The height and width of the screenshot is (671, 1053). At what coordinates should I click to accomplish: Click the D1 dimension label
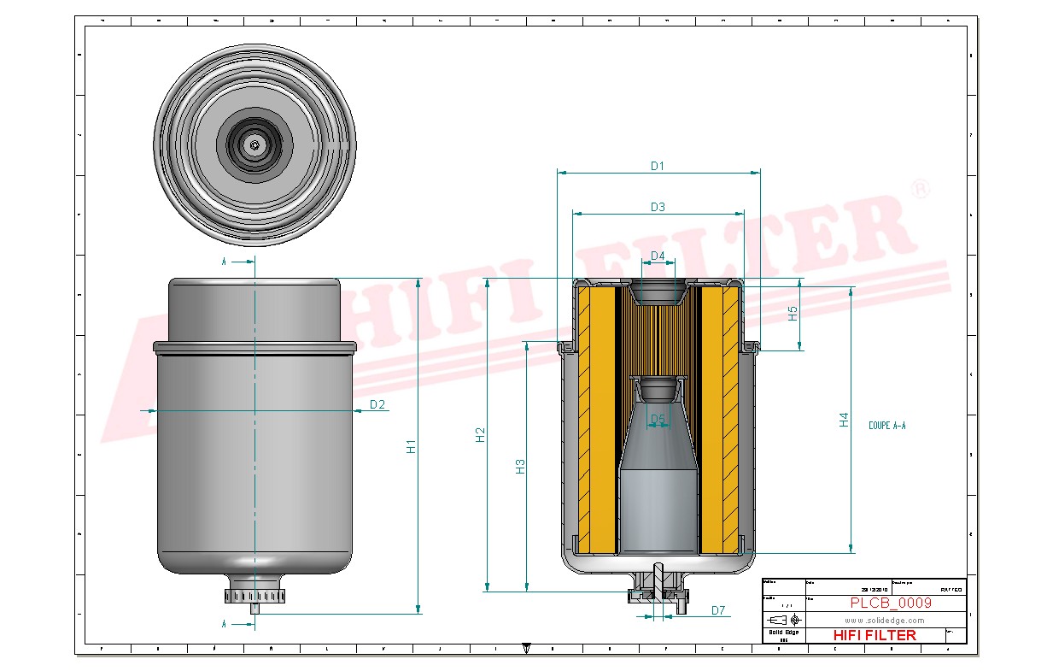657,166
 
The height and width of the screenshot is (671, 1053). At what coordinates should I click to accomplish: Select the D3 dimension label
658,207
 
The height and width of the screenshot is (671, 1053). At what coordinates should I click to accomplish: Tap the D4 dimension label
658,256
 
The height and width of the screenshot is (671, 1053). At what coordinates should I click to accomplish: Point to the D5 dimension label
658,419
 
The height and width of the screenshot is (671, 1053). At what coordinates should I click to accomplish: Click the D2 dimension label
377,404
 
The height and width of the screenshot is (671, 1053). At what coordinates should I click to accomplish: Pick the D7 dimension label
718,610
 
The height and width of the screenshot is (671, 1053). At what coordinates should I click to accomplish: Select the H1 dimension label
411,446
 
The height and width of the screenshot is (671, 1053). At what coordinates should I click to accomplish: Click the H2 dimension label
480,434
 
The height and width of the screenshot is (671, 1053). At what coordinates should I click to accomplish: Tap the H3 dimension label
520,466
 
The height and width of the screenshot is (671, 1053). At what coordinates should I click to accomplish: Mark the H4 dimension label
844,420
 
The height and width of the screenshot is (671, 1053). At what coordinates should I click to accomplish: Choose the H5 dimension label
793,314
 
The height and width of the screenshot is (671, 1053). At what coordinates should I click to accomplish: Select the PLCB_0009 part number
891,603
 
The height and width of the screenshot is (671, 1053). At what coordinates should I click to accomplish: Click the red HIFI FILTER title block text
874,635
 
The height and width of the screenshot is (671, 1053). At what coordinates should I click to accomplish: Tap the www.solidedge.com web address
885,620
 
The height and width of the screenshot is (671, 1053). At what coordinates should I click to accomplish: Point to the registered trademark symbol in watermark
919,189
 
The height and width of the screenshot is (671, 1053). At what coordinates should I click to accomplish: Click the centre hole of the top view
255,145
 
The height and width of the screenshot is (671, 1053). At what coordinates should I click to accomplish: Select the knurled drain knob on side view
255,595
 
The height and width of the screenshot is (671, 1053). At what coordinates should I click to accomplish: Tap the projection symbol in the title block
784,620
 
